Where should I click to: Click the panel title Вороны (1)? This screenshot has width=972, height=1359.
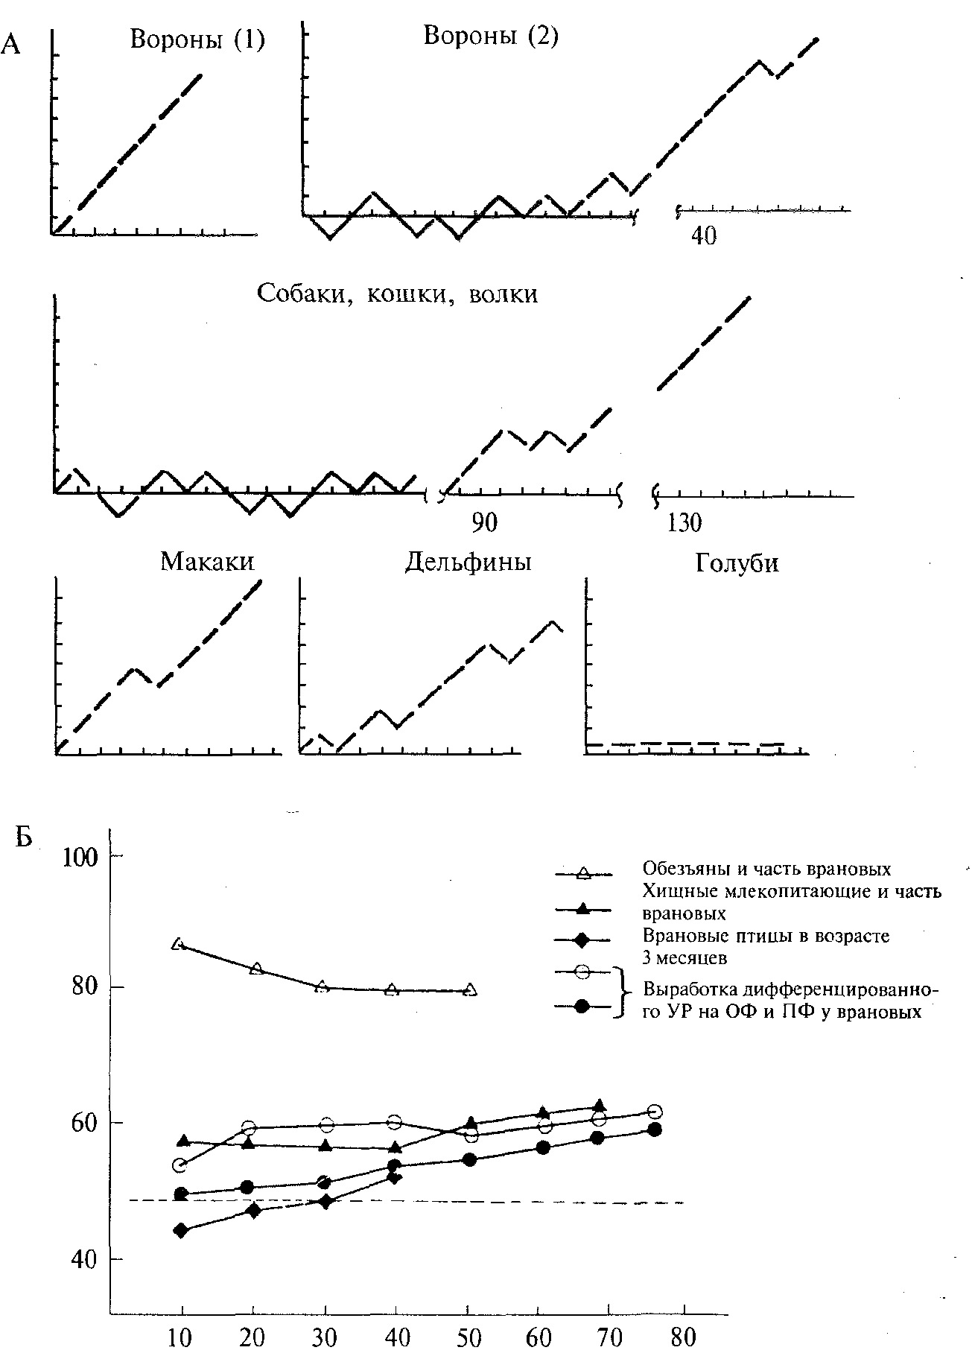[197, 39]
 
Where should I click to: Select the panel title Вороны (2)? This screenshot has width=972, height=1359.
[491, 35]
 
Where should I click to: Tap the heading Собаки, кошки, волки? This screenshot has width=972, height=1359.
[397, 294]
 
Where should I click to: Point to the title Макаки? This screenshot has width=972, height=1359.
[207, 561]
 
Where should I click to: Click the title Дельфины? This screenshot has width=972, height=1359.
[468, 562]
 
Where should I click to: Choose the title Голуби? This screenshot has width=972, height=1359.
[737, 563]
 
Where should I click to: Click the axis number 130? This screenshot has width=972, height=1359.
[684, 523]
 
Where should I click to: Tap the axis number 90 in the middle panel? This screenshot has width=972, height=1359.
[484, 523]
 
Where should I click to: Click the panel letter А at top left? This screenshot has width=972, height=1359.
[11, 45]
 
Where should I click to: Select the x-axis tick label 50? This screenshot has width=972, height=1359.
[467, 1338]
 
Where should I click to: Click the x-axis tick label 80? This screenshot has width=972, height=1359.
[683, 1338]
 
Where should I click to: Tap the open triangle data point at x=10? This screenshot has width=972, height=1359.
[178, 944]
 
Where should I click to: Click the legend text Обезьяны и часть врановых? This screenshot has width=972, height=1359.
[766, 869]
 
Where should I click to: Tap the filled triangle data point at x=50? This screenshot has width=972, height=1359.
[471, 1123]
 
